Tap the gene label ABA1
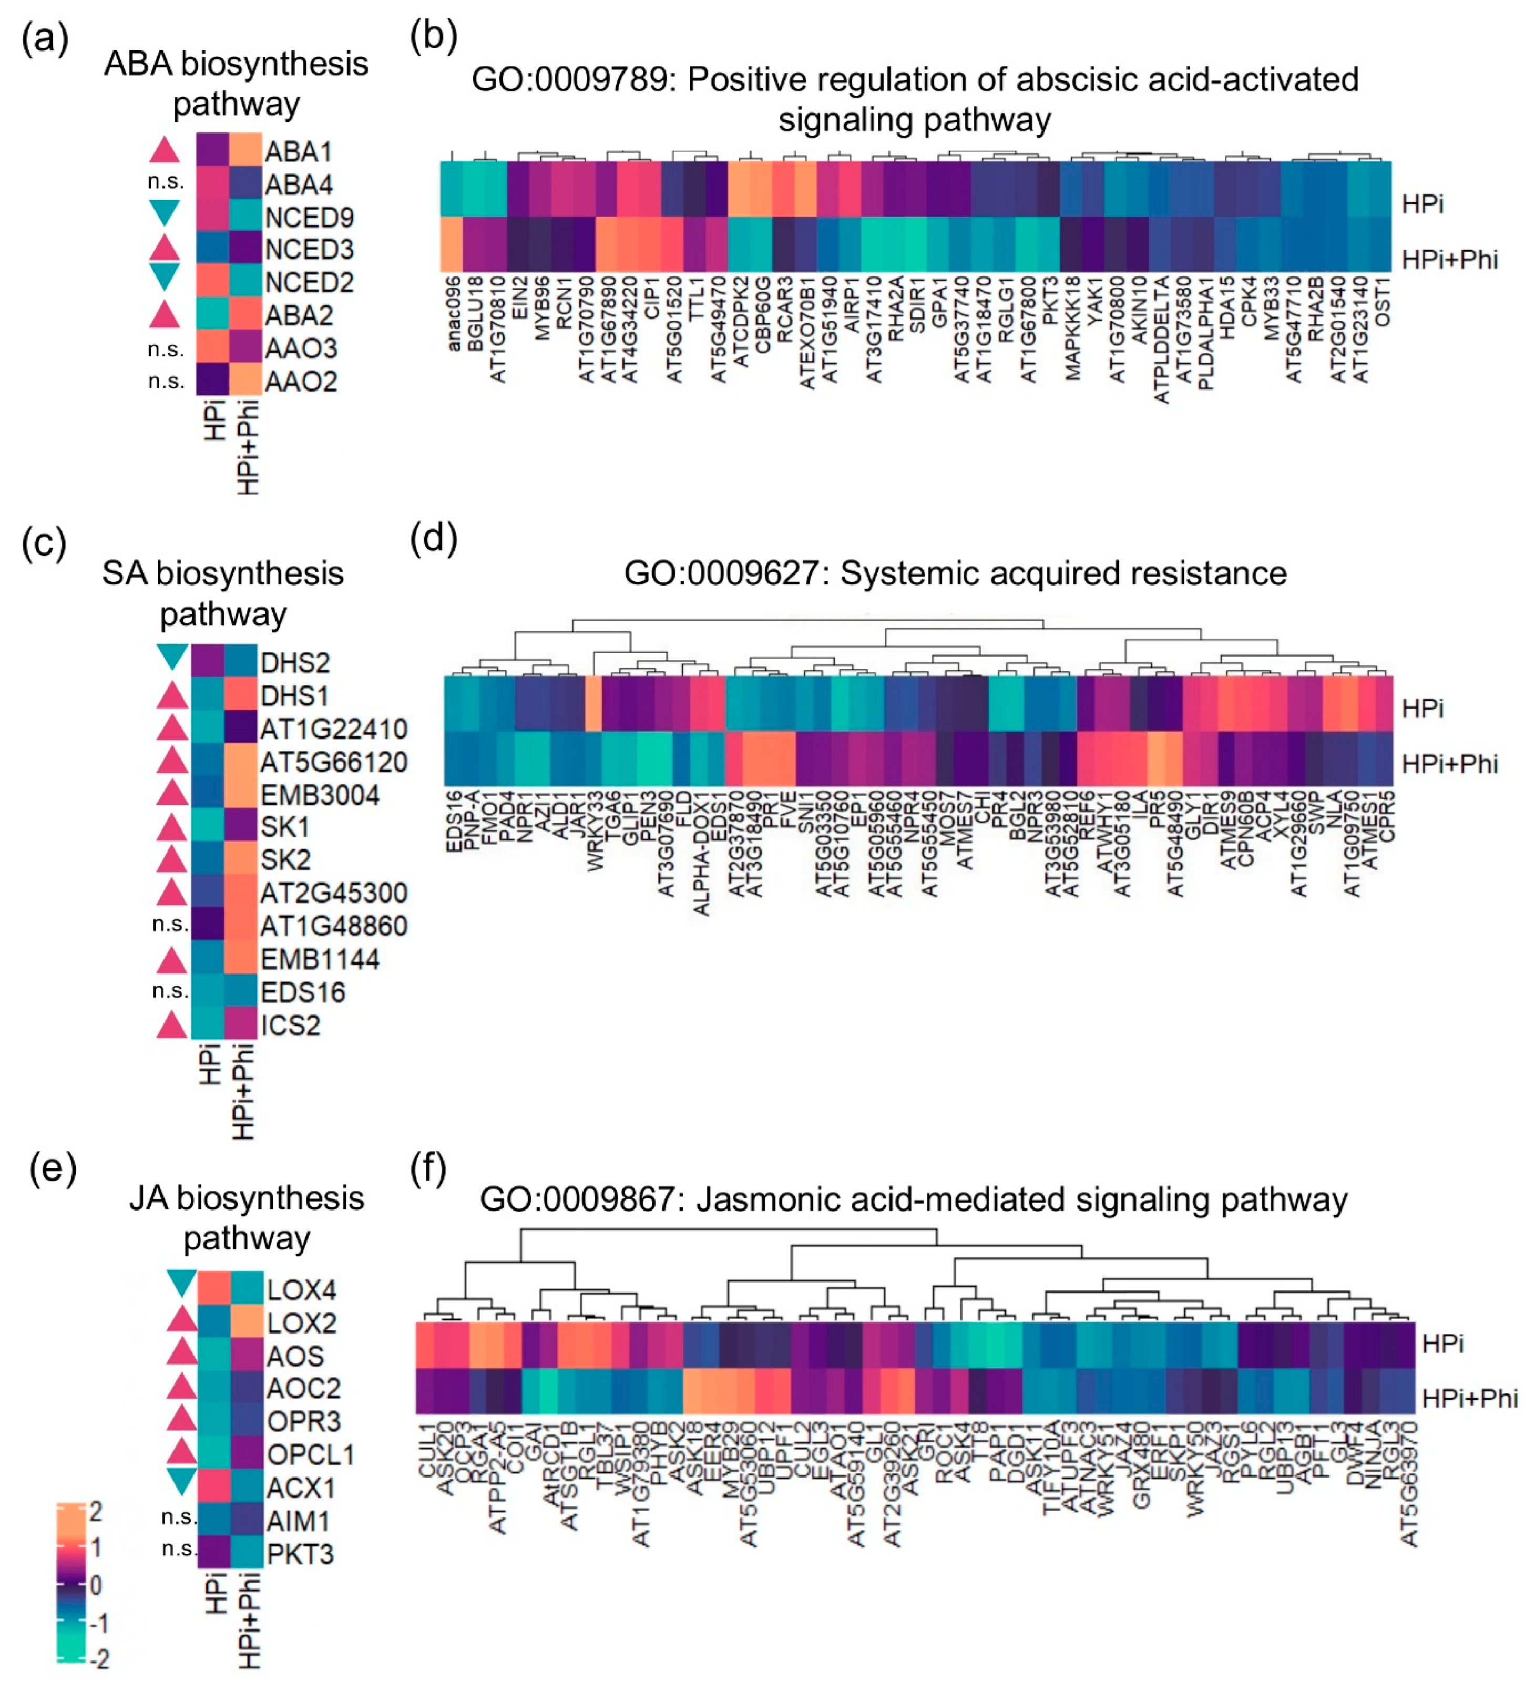click(x=299, y=152)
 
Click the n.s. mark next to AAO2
click(x=166, y=381)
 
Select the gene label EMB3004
click(x=320, y=795)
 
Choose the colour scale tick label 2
click(x=96, y=1512)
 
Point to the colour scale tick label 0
click(x=96, y=1585)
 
